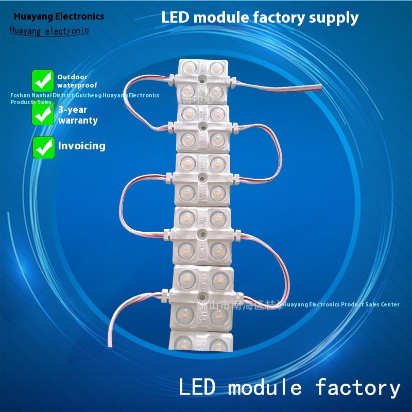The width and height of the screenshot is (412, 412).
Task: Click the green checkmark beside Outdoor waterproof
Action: coord(43,81)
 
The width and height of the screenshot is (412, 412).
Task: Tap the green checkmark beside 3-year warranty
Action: coord(43,114)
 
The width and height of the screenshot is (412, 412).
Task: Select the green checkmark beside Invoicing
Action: coord(44,147)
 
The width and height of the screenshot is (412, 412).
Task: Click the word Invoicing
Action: coord(81,146)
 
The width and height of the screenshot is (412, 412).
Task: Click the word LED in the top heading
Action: coord(175,18)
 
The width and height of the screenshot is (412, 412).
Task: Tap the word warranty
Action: coord(78,121)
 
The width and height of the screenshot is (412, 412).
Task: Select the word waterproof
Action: coord(77,85)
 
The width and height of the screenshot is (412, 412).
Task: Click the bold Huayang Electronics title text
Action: coord(59,16)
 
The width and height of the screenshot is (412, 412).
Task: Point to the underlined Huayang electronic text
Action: coord(49,30)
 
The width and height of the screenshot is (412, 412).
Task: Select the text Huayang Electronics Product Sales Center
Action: coord(341,304)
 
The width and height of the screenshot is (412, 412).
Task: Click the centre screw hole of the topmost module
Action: coord(202,80)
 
